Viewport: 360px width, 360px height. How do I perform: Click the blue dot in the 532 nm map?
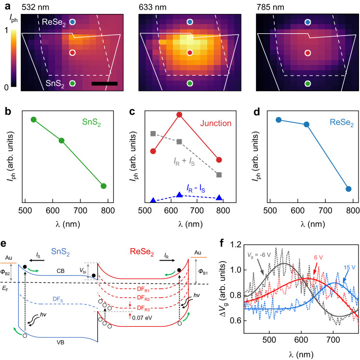tap(72, 22)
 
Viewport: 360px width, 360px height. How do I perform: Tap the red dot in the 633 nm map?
tap(190, 53)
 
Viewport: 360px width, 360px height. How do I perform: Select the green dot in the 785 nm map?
tap(307, 83)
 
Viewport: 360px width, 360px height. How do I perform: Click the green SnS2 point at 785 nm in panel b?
tap(103, 186)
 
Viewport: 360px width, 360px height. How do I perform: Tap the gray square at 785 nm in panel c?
tap(219, 174)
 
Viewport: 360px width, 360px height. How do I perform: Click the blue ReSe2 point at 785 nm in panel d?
tap(348, 189)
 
